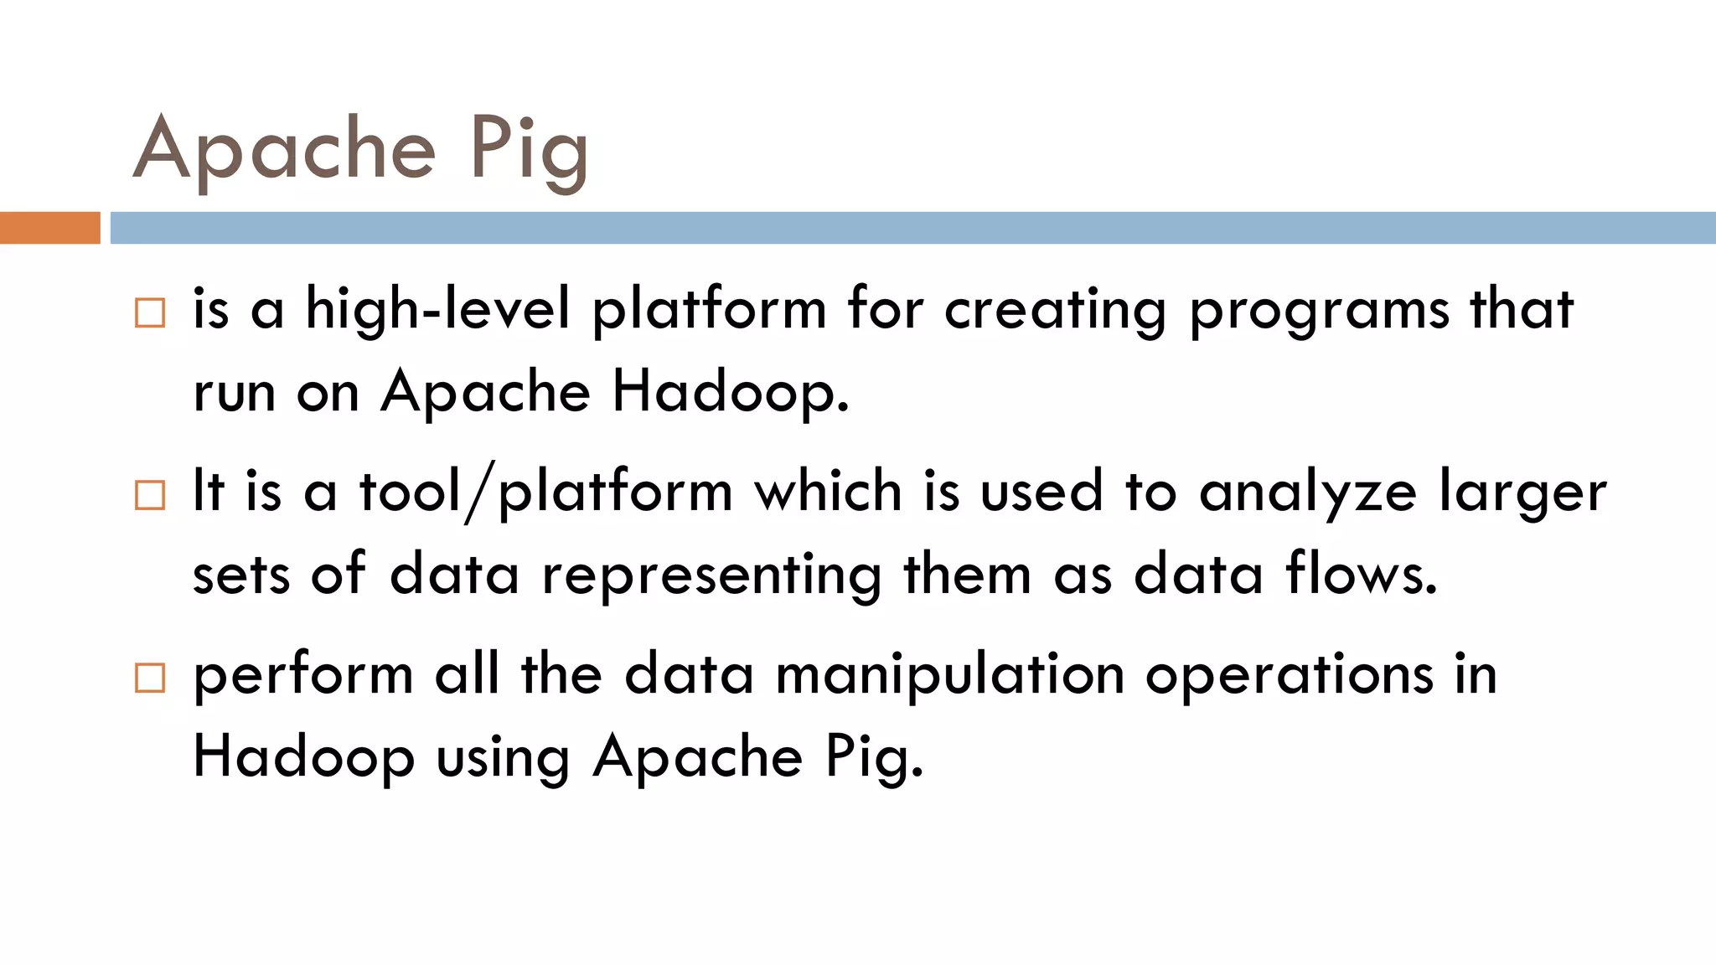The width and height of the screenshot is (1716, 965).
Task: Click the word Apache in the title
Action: (285, 149)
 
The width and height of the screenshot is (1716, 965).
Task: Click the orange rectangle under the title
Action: (49, 228)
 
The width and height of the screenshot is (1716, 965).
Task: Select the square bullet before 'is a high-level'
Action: (150, 312)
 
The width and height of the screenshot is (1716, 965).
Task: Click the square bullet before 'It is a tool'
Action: (150, 495)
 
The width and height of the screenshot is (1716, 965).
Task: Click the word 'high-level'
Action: (437, 308)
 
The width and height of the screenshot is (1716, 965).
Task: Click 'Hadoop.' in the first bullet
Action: (730, 392)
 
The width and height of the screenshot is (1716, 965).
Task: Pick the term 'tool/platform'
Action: (546, 492)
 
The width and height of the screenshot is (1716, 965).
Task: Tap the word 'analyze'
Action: (1308, 493)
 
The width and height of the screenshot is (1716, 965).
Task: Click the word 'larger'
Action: (1522, 493)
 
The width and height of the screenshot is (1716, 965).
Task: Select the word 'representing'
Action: (711, 576)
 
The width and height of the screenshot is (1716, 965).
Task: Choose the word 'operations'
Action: (1290, 675)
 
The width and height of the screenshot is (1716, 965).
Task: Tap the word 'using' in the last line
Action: (503, 759)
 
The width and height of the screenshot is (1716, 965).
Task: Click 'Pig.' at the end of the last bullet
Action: (874, 759)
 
